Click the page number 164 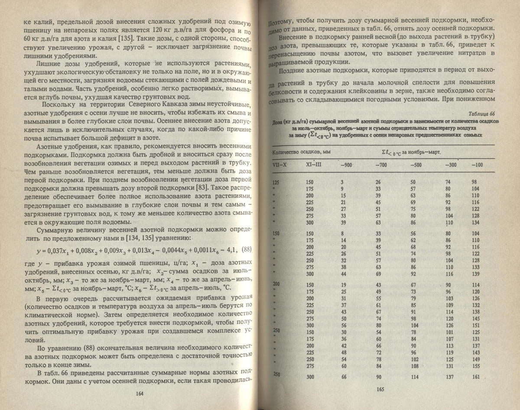140,394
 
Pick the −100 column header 477,165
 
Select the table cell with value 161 477,377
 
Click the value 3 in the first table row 342,183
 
